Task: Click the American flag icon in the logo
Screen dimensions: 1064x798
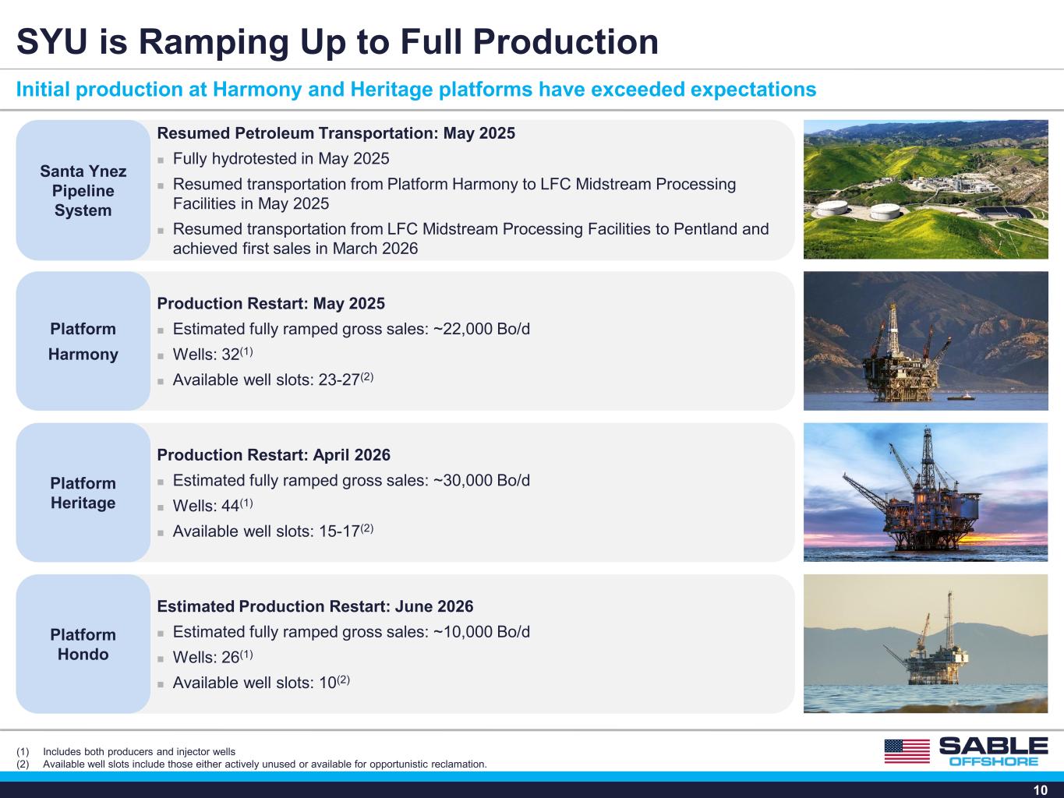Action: (907, 751)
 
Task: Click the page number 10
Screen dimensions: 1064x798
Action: (1041, 790)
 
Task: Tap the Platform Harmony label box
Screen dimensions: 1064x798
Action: (83, 341)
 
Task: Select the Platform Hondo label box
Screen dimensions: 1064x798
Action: (83, 644)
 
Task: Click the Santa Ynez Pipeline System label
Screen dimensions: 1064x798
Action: (83, 190)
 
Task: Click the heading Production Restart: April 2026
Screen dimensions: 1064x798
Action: (274, 455)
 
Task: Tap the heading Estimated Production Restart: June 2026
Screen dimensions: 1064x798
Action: (315, 606)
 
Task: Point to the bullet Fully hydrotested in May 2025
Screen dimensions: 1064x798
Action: (281, 158)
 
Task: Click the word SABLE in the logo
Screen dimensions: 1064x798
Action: (994, 746)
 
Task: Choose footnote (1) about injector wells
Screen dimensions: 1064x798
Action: (126, 751)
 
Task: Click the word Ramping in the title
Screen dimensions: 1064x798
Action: (214, 43)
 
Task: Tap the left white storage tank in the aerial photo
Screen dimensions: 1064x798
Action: (832, 208)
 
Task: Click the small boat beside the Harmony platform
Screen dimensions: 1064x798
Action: (961, 397)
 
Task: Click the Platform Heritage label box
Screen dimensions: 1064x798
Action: (83, 493)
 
